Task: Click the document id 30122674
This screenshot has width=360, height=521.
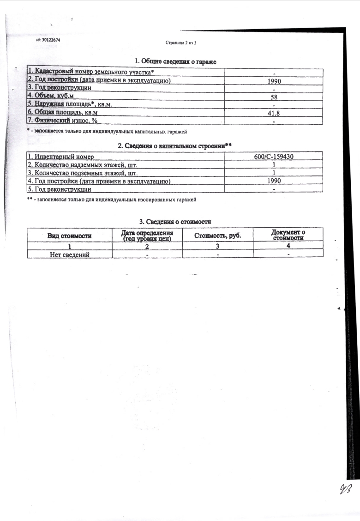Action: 48,40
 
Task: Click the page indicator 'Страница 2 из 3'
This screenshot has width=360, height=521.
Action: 181,43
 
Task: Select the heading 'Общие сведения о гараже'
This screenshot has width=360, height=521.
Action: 175,61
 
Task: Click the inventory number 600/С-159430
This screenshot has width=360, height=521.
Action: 274,157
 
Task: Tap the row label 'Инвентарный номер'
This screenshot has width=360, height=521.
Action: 60,157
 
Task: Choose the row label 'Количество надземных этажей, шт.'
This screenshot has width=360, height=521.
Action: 83,165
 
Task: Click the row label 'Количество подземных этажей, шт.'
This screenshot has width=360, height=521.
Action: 83,173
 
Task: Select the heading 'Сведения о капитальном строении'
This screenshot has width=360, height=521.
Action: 175,145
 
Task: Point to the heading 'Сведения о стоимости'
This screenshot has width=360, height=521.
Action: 175,222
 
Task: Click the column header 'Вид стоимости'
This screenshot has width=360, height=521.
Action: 70,236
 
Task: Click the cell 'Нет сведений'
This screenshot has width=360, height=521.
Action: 69,254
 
